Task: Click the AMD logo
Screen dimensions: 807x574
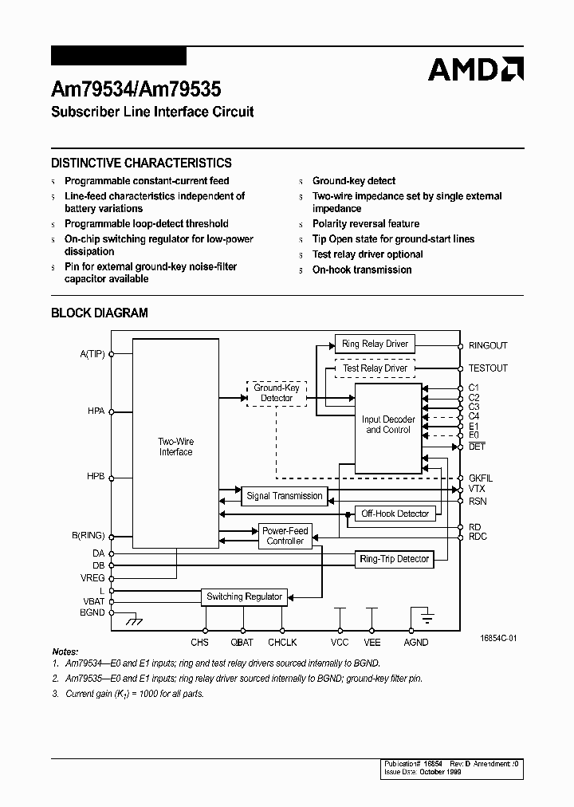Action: pyautogui.click(x=475, y=69)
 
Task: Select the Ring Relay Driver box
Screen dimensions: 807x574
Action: pyautogui.click(x=375, y=344)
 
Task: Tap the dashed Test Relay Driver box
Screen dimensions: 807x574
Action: pyautogui.click(x=375, y=368)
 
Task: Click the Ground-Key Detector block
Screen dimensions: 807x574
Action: pyautogui.click(x=277, y=392)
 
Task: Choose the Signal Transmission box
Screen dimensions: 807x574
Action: pyautogui.click(x=285, y=496)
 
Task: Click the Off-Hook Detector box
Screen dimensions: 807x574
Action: pyautogui.click(x=395, y=514)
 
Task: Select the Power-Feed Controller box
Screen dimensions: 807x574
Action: pyautogui.click(x=285, y=536)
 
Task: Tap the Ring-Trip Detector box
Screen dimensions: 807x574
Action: pyautogui.click(x=394, y=559)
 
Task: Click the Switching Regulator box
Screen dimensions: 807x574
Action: pyautogui.click(x=244, y=596)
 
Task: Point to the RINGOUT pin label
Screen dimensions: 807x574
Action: pyautogui.click(x=488, y=345)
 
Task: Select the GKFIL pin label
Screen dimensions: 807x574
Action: pyautogui.click(x=481, y=478)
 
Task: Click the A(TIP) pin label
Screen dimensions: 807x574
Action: pyautogui.click(x=91, y=353)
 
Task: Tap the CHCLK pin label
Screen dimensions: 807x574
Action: pyautogui.click(x=282, y=642)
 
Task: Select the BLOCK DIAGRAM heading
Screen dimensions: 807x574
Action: pyautogui.click(x=100, y=313)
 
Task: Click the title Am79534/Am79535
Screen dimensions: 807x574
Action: pyautogui.click(x=136, y=90)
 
